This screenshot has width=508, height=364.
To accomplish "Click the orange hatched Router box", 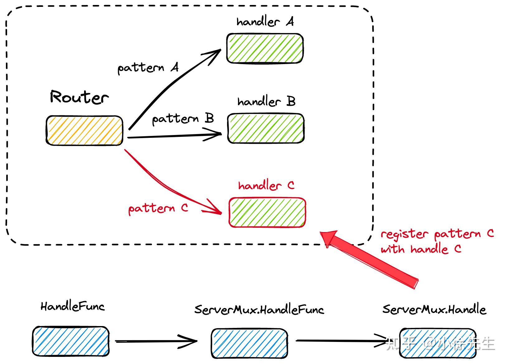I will point(84,130).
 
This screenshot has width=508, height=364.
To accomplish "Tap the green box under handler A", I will point(265,49).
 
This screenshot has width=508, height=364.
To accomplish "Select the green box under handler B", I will point(266,128).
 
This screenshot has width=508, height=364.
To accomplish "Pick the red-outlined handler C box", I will point(267,212).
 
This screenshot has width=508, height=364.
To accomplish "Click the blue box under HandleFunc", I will point(71,341).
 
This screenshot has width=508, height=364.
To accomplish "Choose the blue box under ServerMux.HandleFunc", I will point(249,343).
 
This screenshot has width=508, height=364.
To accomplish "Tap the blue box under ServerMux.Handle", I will point(438,343).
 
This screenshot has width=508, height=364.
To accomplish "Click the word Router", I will point(79,97).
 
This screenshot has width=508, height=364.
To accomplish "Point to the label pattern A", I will point(148,68).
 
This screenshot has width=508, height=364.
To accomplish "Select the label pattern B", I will point(183,119).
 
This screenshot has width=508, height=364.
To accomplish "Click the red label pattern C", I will point(158,208).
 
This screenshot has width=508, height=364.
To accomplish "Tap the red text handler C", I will point(266,185).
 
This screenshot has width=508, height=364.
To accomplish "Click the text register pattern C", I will point(437,234).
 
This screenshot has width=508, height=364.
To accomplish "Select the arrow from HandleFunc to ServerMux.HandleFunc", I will point(156,341).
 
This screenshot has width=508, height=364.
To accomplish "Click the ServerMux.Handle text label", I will point(434,310).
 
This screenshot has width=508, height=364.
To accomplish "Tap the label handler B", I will point(266,101).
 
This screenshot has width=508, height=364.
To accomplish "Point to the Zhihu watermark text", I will point(440,344).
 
